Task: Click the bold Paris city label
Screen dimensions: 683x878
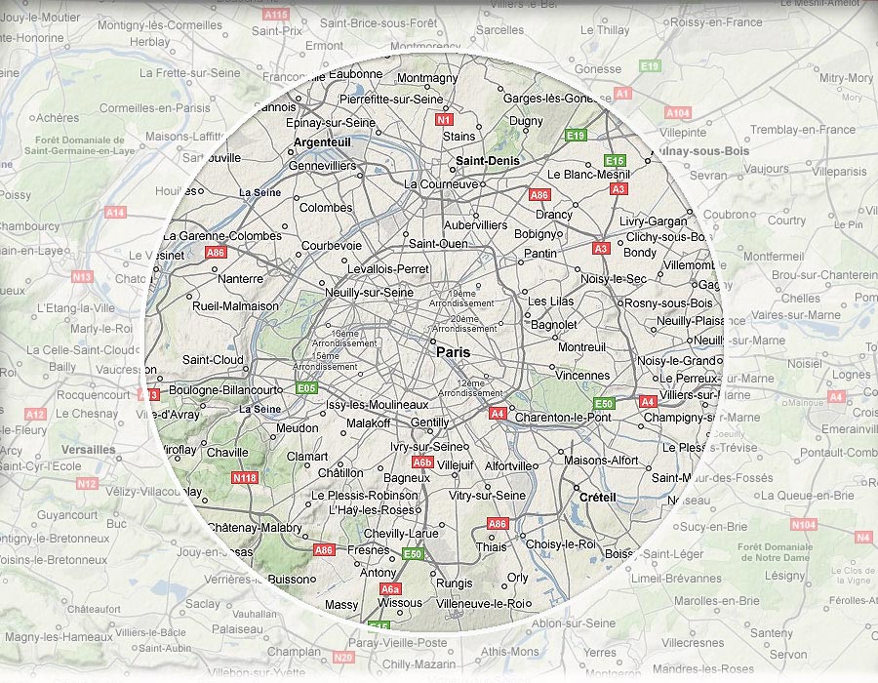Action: coord(453,352)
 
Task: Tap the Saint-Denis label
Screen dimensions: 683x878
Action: coord(488,160)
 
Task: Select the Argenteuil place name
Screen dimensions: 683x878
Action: coord(322,142)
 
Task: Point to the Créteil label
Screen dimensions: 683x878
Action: coord(597,497)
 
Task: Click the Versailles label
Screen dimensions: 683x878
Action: coord(88,450)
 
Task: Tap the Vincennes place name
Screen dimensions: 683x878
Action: coord(582,375)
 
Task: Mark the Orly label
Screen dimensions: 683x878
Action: coord(518,578)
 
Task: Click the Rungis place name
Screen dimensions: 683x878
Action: coord(455,584)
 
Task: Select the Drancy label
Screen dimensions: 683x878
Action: coord(554,215)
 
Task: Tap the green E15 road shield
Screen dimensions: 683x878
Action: coord(615,160)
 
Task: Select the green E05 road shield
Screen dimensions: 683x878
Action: coord(306,387)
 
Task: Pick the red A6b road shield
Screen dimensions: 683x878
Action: coord(422,462)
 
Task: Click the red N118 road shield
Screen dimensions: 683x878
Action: coord(245,478)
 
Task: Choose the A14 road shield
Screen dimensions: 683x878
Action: coord(116,212)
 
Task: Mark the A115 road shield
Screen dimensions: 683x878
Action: coord(276,15)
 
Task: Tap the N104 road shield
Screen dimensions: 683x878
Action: coord(804,525)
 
